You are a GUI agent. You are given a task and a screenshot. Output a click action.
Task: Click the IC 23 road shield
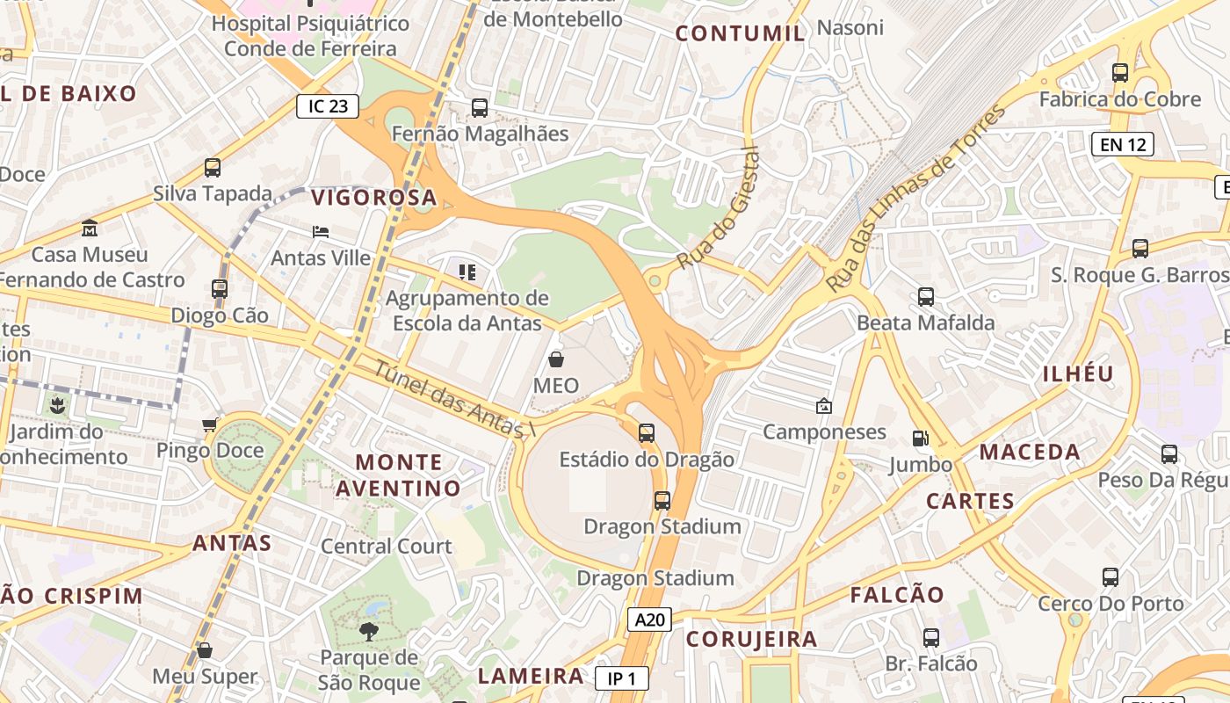[329, 106]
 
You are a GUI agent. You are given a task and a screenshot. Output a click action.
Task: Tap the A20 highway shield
[650, 620]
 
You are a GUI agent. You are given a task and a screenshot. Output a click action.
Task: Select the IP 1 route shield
[621, 678]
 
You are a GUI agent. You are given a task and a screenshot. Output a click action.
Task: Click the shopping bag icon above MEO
[556, 359]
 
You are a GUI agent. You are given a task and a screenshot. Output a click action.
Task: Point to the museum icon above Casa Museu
[89, 228]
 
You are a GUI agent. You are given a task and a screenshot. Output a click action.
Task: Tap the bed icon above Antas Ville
[321, 232]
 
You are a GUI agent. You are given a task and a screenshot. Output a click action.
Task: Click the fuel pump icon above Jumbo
[920, 438]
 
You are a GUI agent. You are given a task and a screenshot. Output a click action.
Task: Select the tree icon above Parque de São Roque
[369, 630]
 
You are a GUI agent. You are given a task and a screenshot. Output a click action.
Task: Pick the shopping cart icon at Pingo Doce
[210, 425]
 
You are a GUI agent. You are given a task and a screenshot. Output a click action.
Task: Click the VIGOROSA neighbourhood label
[373, 197]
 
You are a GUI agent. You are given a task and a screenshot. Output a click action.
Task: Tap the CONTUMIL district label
[740, 34]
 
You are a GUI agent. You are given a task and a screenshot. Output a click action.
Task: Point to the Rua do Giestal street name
[717, 209]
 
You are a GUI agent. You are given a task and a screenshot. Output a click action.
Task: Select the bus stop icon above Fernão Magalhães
[480, 108]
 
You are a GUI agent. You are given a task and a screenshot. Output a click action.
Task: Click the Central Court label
[387, 546]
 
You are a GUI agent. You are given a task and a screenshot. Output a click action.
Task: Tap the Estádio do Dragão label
[646, 459]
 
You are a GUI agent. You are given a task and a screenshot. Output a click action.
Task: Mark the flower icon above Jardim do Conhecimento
[57, 405]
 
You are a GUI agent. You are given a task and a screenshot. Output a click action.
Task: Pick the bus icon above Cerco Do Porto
[1111, 577]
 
